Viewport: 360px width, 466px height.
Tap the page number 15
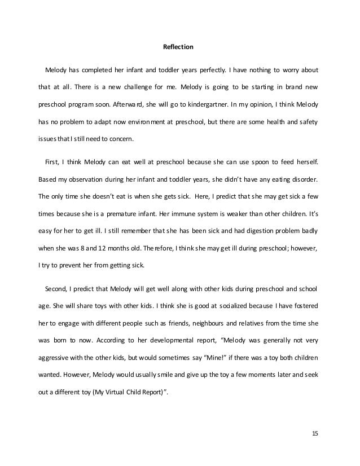314,433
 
